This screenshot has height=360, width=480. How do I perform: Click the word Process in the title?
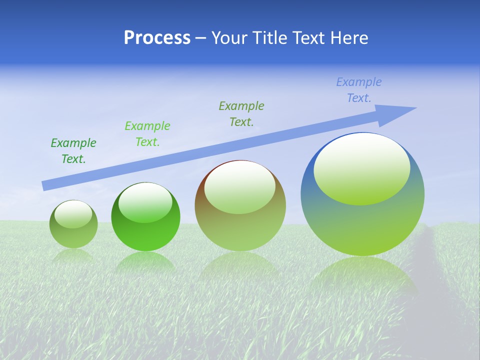pyautogui.click(x=157, y=38)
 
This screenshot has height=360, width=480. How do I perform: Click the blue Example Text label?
pyautogui.click(x=359, y=90)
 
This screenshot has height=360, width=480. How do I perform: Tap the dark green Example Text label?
pyautogui.click(x=73, y=151)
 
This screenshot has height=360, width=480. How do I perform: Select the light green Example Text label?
pyautogui.click(x=147, y=134)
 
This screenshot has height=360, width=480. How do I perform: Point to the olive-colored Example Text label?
pyautogui.click(x=241, y=113)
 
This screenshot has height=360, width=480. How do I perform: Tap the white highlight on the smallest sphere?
pyautogui.click(x=73, y=214)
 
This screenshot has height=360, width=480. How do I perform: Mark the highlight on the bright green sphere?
pyautogui.click(x=145, y=202)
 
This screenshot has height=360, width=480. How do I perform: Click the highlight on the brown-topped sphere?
pyautogui.click(x=239, y=186)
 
